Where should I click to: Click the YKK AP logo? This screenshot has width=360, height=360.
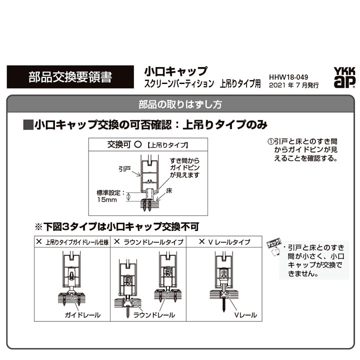pos(344,77)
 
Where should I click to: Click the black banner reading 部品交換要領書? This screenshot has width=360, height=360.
pos(70,77)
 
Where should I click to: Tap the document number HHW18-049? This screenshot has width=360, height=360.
pos(288,77)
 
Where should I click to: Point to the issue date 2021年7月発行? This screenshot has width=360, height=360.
pos(293,85)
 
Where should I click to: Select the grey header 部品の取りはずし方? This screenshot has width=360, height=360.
pos(180,104)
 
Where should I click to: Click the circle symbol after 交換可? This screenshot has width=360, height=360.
pos(138,144)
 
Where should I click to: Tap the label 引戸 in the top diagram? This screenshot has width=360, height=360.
pos(124,169)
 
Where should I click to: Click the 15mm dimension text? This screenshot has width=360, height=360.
pos(107,199)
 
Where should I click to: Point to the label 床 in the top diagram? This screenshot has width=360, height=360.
pos(169,190)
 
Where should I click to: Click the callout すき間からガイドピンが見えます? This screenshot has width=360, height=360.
pos(184,167)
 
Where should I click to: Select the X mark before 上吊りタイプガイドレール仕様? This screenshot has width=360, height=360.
pos(39,241)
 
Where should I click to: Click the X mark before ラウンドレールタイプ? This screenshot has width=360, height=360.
pos(117,241)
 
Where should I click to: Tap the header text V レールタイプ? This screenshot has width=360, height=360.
pos(229,242)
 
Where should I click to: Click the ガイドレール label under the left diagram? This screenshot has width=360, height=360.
pos(82,315)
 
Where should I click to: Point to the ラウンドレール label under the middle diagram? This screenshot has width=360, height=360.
pos(154,315)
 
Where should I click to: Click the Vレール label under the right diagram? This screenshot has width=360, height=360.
pos(245,315)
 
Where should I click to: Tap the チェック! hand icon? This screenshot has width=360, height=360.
pos(274,247)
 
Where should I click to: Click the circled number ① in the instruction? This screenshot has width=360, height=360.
pos(271,141)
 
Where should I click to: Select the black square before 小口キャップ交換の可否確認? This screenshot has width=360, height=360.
pos(28,125)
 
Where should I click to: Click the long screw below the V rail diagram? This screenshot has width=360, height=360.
pos(224,303)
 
